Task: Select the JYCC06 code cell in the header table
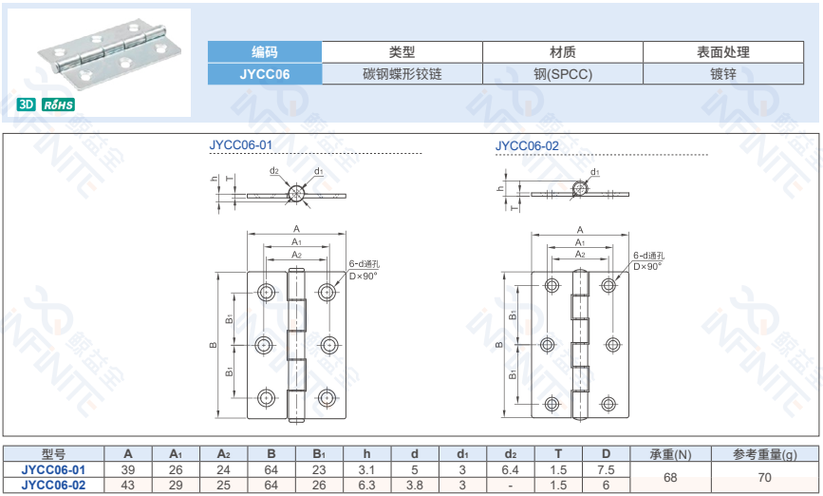click(x=265, y=73)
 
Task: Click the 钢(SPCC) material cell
click(x=562, y=73)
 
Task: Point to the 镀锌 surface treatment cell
click(x=723, y=73)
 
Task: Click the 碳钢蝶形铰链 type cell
click(x=402, y=73)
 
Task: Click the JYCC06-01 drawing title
click(x=241, y=145)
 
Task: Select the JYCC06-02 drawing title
click(x=527, y=145)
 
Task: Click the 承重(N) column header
click(x=670, y=454)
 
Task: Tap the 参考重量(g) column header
click(x=764, y=454)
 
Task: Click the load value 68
click(x=670, y=477)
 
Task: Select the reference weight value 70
click(x=764, y=477)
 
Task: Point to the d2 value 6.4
click(x=511, y=470)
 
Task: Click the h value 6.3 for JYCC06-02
click(x=366, y=485)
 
